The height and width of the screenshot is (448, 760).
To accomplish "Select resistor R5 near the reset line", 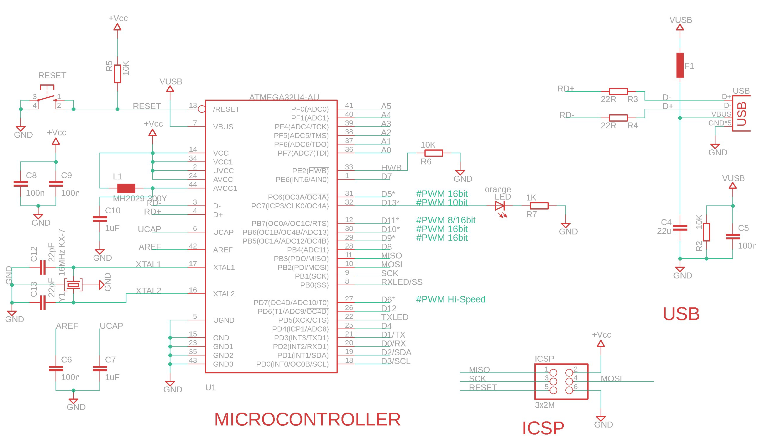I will (117, 74).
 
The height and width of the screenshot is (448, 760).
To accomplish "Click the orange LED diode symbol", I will (499, 206).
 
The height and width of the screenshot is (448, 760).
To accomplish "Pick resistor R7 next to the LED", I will (539, 206).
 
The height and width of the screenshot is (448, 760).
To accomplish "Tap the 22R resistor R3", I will (618, 91).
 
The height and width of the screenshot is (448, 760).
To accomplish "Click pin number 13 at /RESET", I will (193, 105).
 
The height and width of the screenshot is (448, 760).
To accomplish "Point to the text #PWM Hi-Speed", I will (450, 299).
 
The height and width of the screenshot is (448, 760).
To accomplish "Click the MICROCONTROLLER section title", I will (307, 419).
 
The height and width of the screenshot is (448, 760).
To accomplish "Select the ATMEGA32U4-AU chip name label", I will (284, 97).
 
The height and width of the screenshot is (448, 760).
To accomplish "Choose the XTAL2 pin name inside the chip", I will (224, 294).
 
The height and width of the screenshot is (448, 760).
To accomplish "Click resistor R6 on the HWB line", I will (434, 153).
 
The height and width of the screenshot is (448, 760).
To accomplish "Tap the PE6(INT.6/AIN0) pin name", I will (302, 180).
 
